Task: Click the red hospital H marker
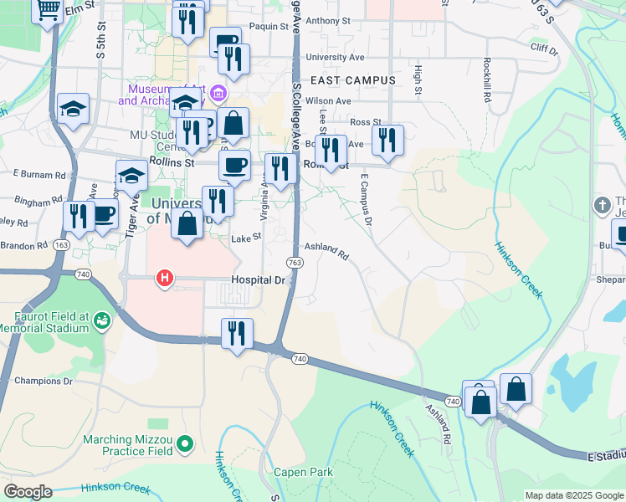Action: [165, 279]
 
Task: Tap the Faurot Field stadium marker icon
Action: [103, 320]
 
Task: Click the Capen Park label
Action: [303, 472]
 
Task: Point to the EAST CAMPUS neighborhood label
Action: [352, 79]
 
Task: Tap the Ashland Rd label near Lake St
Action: [326, 249]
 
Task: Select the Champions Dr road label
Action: [43, 381]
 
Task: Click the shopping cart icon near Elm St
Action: [47, 11]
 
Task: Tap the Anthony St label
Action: [327, 21]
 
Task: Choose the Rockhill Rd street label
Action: [486, 80]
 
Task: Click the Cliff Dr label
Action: [544, 49]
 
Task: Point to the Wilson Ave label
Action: [328, 100]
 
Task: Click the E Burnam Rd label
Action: [39, 175]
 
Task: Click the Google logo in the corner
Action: [28, 491]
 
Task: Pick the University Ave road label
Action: [336, 57]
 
